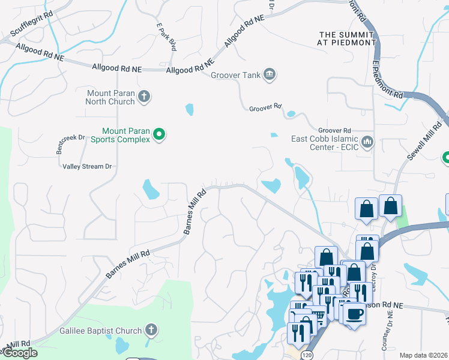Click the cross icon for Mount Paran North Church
[143, 96]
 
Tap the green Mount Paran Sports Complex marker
[159, 135]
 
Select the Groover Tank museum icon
[270, 74]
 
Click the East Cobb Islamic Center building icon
[367, 142]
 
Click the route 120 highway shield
[307, 356]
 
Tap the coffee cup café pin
[354, 313]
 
